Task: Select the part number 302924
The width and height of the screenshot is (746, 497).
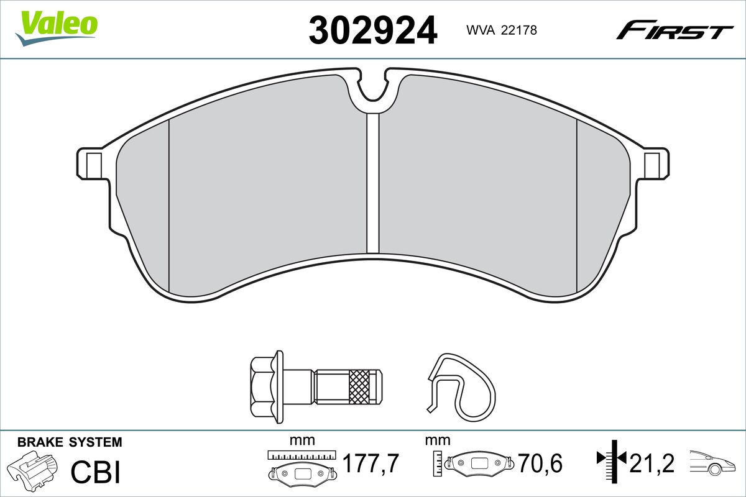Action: click(372, 30)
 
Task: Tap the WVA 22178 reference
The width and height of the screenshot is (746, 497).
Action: click(502, 30)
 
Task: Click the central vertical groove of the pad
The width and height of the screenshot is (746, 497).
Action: click(373, 183)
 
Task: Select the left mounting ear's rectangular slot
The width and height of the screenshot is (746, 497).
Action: click(94, 166)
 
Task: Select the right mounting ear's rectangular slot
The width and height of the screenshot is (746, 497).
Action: click(652, 166)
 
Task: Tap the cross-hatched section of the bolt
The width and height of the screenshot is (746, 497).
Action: click(359, 387)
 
